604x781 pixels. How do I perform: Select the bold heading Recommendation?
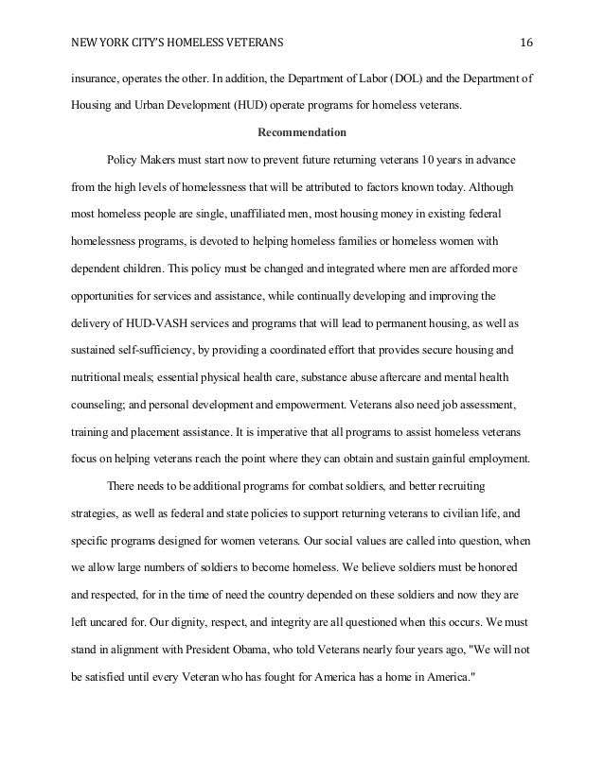[301, 131]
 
